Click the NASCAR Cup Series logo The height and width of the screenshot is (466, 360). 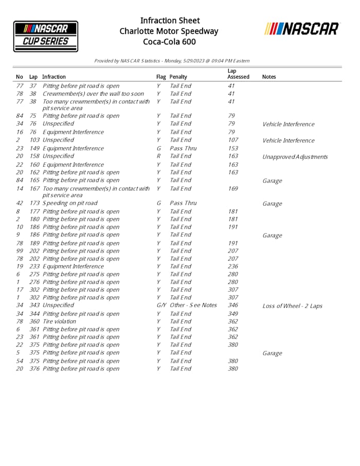coord(46,36)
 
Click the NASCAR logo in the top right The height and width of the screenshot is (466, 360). coord(302,29)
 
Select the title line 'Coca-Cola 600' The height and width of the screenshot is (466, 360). coord(169,42)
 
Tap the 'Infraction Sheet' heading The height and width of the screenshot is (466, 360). coord(170,21)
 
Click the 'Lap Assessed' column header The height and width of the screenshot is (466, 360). coord(238,74)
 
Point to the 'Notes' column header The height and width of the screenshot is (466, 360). coord(269,77)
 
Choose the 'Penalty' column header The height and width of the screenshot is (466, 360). coord(178,77)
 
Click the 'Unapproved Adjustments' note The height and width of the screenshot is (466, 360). coord(295,157)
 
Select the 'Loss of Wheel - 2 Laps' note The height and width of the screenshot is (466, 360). coord(292,306)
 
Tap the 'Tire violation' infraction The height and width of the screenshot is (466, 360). coord(59,321)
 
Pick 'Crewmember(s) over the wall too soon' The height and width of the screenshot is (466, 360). coord(93,94)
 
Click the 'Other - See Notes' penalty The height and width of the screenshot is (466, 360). coord(193,306)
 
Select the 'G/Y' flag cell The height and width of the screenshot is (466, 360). coord(161,306)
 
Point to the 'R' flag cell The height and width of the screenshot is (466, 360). coord(158,156)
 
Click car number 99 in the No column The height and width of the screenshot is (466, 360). coord(20,251)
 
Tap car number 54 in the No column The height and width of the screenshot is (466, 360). coord(20,361)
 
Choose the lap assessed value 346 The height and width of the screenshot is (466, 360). coord(232,306)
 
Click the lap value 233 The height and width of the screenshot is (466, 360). coord(34,266)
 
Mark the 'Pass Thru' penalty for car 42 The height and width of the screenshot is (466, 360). coord(183,203)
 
